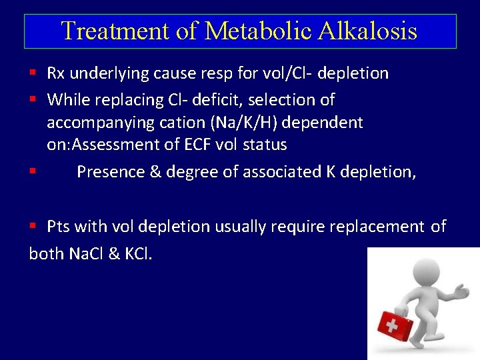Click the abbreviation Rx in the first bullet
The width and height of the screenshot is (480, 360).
[x=55, y=73]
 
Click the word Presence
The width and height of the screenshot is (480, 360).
[x=110, y=172]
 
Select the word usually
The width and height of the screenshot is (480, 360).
[x=240, y=227]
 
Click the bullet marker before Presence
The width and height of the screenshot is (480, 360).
[x=33, y=171]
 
